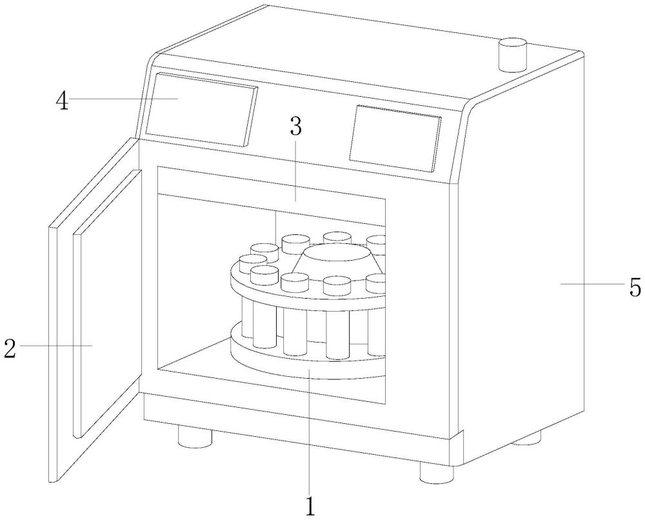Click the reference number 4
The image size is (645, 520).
click(x=63, y=102)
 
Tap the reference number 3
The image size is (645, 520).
click(x=295, y=127)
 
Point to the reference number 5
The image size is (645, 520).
click(x=634, y=285)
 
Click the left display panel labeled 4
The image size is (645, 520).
click(x=201, y=108)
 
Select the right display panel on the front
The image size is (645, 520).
click(x=395, y=138)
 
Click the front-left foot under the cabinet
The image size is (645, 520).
click(x=195, y=438)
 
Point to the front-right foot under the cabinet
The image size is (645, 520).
click(x=437, y=472)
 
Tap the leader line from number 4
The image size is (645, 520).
click(x=123, y=99)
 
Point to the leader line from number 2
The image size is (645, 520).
click(x=55, y=346)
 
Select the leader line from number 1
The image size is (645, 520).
click(x=311, y=432)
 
